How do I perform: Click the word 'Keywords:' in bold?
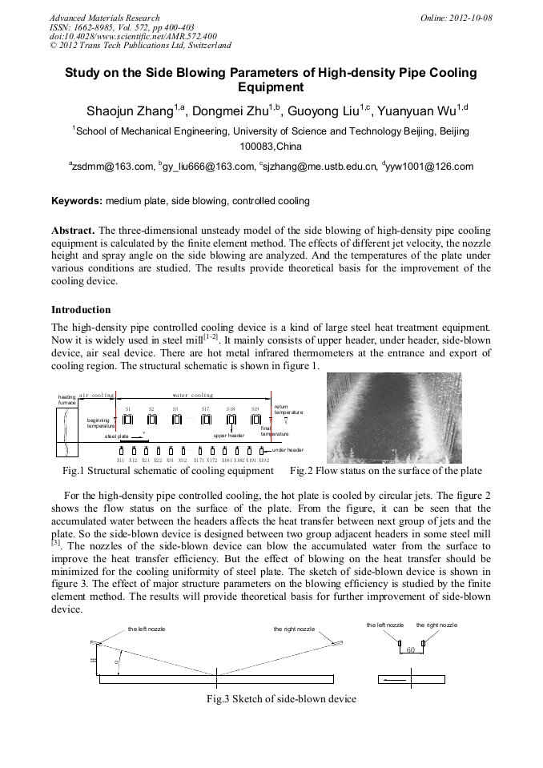click(77, 201)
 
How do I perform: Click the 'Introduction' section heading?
click(81, 310)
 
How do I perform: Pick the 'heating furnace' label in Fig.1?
click(67, 400)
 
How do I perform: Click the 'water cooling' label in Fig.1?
click(192, 395)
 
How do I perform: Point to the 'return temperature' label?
click(288, 409)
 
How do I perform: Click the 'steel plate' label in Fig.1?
click(117, 436)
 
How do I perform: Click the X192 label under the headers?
click(263, 460)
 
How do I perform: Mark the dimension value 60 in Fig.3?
click(410, 650)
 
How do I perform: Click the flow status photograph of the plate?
click(393, 417)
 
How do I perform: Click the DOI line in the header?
click(133, 36)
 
